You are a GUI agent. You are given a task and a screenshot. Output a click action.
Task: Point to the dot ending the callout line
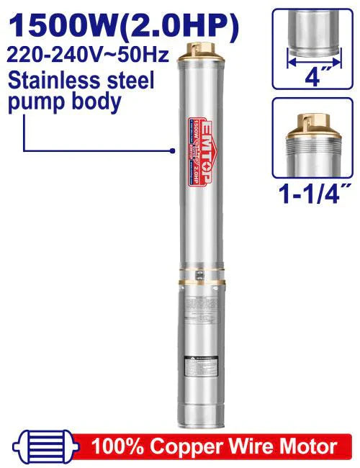point(174,150)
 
